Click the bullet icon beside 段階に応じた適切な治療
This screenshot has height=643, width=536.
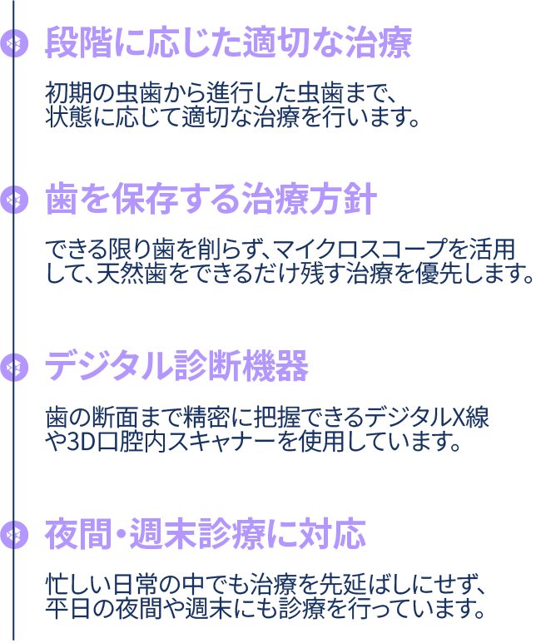[x=14, y=43]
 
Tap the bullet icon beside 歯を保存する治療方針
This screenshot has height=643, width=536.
[x=14, y=200]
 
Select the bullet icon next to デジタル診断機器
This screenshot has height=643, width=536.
[x=14, y=368]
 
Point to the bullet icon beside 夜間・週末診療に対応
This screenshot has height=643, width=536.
[x=14, y=536]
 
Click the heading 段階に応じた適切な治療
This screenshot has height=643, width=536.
[x=228, y=43]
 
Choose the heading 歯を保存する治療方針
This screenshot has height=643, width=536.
[x=211, y=200]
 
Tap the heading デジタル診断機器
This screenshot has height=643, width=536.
[x=176, y=367]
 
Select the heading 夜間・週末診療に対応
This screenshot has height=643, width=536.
[x=206, y=535]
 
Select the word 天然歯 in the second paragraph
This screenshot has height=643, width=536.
[x=131, y=273]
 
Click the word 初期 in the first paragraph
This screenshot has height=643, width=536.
[x=68, y=94]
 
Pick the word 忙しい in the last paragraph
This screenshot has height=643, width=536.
[x=78, y=585]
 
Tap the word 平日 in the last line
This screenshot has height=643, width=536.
[x=68, y=609]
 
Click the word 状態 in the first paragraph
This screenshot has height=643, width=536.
[x=68, y=117]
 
